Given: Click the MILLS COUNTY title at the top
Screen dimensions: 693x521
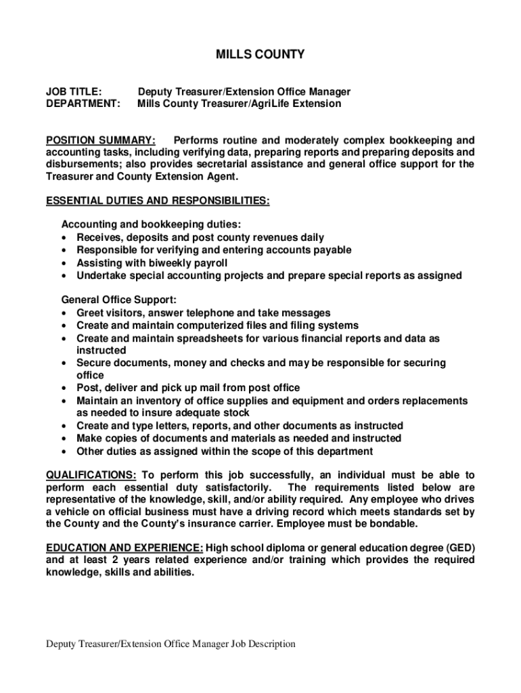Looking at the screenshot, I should [260, 54].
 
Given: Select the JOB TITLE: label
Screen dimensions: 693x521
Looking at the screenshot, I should [74, 91].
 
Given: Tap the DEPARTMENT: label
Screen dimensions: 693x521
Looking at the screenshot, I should [83, 104].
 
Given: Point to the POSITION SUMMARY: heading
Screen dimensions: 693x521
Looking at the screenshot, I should [100, 140].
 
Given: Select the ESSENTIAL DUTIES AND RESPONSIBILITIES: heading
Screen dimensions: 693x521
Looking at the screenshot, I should [157, 201].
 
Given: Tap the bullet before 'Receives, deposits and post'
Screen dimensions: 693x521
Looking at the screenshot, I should [63, 238].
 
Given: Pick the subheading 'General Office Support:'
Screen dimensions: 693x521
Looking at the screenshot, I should [118, 300].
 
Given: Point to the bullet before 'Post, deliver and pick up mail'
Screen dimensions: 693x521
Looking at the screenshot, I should [63, 388].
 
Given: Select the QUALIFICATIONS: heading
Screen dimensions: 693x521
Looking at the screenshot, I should [91, 475].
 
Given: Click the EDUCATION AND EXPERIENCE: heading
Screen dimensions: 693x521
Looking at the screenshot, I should [124, 547].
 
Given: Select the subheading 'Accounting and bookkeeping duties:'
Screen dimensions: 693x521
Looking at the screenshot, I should [151, 224].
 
